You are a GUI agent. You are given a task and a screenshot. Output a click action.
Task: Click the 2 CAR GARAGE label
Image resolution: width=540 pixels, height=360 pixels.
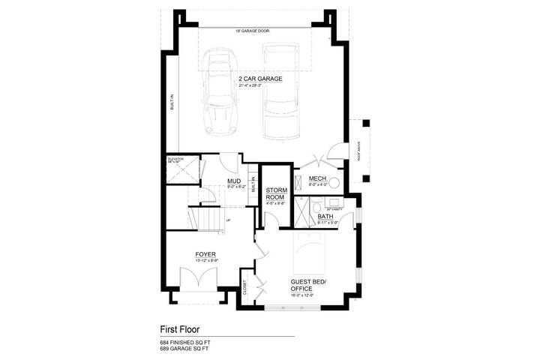coord(260,78)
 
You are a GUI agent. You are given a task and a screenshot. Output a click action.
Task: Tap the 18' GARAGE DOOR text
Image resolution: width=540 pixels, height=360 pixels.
coord(253,31)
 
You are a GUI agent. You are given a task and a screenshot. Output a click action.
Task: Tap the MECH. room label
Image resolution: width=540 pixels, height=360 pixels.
coord(315,178)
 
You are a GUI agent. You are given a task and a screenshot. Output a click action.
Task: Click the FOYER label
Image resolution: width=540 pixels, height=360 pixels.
coord(205,255)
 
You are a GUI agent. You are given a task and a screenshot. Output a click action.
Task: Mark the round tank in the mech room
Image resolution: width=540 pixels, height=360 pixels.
coord(334,181)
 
